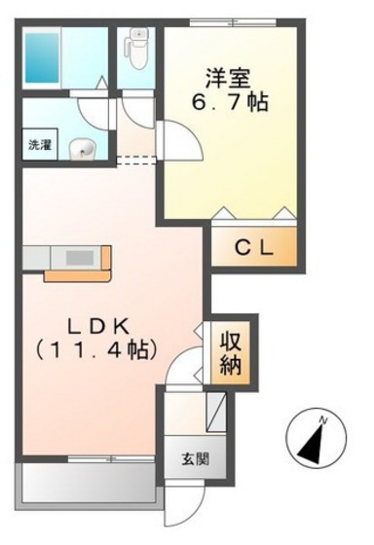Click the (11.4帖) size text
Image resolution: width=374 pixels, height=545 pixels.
(x=93, y=349)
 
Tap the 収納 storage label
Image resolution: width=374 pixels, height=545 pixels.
(x=231, y=353)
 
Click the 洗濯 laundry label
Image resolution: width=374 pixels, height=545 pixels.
(x=39, y=145)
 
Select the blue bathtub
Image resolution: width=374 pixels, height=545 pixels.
(x=43, y=57)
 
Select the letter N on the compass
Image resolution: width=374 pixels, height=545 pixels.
(x=328, y=418)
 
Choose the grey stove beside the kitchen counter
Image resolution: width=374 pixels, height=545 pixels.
(x=31, y=257)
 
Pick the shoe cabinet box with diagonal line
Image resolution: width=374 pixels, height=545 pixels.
(x=216, y=407)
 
